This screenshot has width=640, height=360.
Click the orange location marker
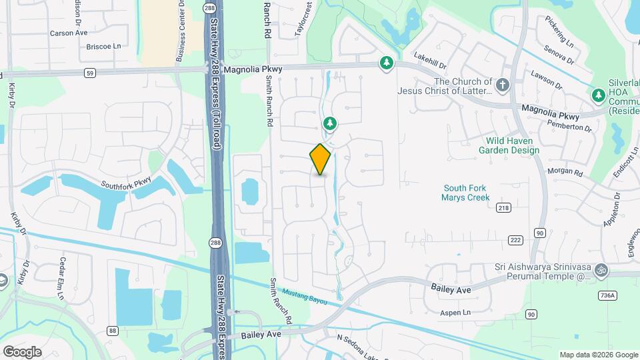320,159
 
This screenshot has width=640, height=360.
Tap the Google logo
22,352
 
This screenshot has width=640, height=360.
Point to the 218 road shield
503,209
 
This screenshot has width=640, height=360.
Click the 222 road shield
514,239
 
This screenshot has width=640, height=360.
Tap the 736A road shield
625,295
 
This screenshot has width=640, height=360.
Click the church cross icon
503,85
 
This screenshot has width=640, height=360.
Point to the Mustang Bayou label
305,297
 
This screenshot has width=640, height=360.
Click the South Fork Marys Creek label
465,193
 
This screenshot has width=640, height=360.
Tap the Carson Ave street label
69,32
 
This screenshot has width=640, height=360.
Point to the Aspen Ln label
455,312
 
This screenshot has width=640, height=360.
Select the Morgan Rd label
565,172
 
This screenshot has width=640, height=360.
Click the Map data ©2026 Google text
598,355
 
